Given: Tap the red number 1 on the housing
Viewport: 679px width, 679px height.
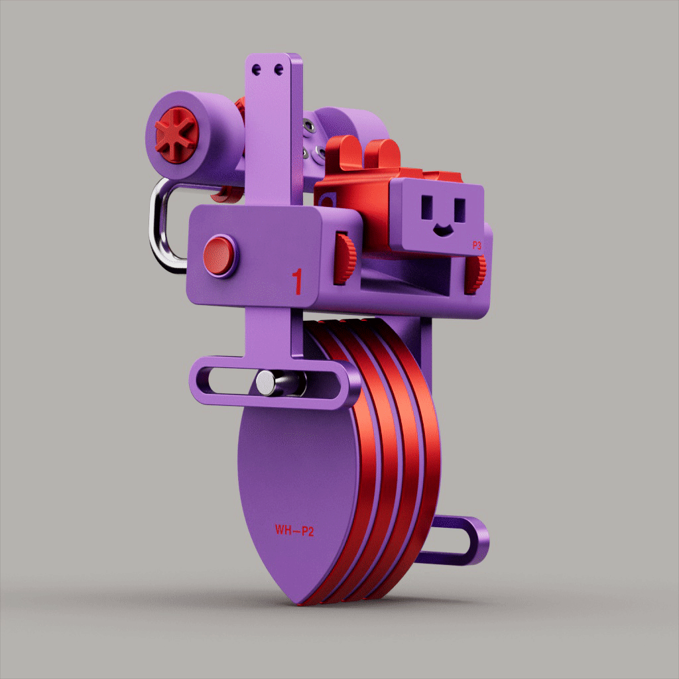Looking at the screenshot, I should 297,282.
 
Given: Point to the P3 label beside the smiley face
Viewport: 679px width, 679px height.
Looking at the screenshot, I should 476,245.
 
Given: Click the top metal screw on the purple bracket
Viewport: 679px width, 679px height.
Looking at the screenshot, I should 307,125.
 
